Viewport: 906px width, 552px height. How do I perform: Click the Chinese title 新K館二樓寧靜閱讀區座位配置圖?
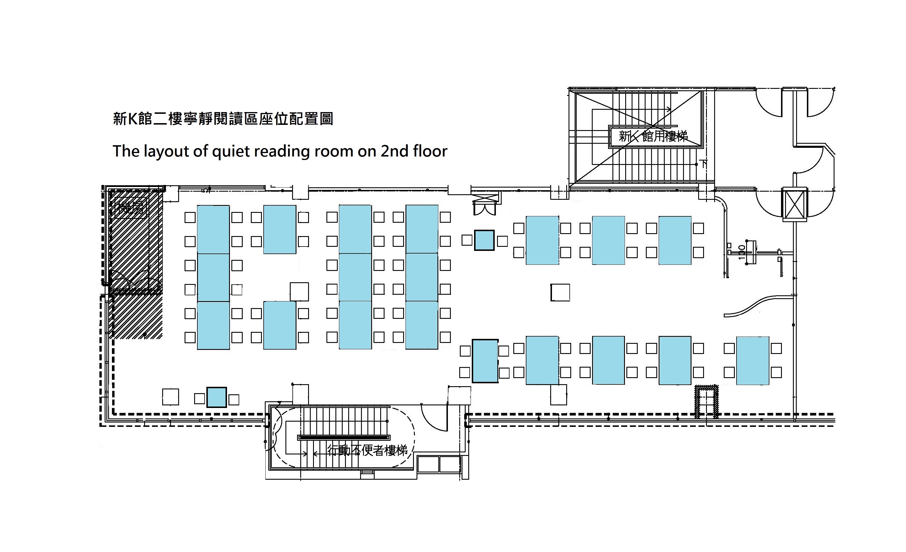click(223, 119)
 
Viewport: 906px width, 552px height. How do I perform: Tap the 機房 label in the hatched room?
click(130, 208)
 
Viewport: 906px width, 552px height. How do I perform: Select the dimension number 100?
click(742, 252)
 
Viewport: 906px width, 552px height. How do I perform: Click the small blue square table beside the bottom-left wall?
click(217, 398)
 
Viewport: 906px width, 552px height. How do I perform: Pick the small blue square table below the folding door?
click(484, 240)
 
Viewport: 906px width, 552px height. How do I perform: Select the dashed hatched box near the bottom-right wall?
click(706, 401)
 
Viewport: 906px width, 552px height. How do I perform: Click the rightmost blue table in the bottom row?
click(752, 361)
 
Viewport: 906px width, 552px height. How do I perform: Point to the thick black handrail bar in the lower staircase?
click(344, 437)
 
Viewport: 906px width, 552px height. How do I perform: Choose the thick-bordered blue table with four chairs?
click(485, 361)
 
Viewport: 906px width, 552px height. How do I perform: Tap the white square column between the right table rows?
click(560, 293)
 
